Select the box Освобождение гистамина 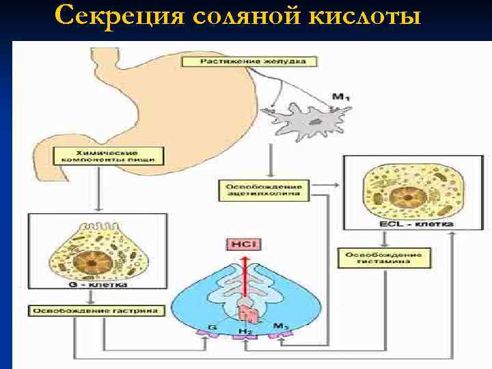pyautogui.click(x=383, y=258)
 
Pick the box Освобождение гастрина pyautogui.click(x=95, y=310)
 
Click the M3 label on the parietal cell pyautogui.click(x=281, y=325)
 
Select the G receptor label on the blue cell pyautogui.click(x=213, y=327)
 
